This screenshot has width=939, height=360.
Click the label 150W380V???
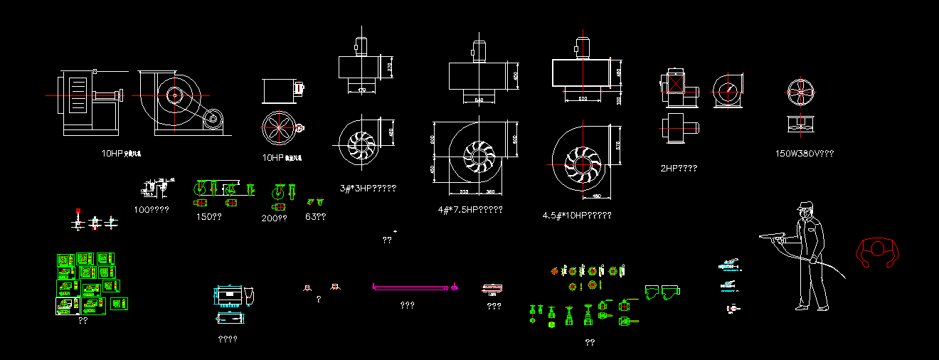click(x=804, y=153)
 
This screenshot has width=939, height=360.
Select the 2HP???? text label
click(x=679, y=169)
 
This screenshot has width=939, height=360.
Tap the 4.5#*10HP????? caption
click(x=576, y=215)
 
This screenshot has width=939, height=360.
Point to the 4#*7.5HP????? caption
click(x=470, y=210)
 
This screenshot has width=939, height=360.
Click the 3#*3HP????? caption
click(x=368, y=189)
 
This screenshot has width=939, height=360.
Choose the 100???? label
click(x=151, y=210)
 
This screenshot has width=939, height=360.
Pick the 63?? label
click(x=315, y=216)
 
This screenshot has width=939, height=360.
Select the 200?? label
click(x=274, y=218)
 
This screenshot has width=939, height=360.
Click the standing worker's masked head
click(x=805, y=208)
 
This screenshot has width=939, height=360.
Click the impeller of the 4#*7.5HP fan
click(x=479, y=154)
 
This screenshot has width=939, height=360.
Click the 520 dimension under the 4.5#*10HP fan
click(x=583, y=98)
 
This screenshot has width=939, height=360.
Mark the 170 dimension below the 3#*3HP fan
click(x=361, y=90)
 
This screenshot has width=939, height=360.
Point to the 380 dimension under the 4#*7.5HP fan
click(x=489, y=192)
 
